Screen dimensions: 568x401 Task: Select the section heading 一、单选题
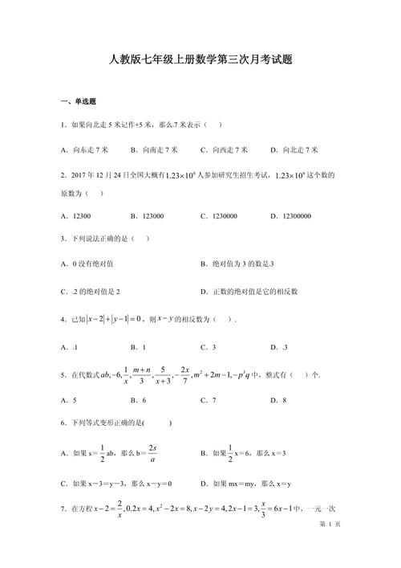[x=78, y=101]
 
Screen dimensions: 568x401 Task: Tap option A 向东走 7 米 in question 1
[x=90, y=149]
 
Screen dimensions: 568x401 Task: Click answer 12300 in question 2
[x=80, y=216]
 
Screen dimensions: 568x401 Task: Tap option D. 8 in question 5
[x=279, y=399]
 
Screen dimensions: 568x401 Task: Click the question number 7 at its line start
[x=63, y=509]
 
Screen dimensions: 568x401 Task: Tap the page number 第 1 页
[x=330, y=546]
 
